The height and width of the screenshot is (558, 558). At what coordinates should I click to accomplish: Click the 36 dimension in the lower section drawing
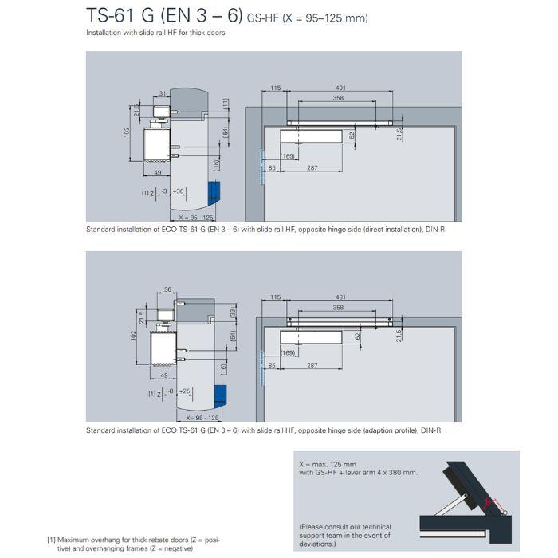click(167, 290)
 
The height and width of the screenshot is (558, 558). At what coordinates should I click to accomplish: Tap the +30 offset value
click(179, 191)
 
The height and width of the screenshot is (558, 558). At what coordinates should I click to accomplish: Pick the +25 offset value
click(184, 391)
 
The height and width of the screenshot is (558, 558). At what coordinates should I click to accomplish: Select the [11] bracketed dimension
click(226, 103)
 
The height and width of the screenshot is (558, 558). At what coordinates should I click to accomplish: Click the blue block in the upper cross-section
click(213, 195)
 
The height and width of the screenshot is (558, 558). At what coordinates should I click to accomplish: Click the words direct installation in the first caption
click(367, 229)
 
